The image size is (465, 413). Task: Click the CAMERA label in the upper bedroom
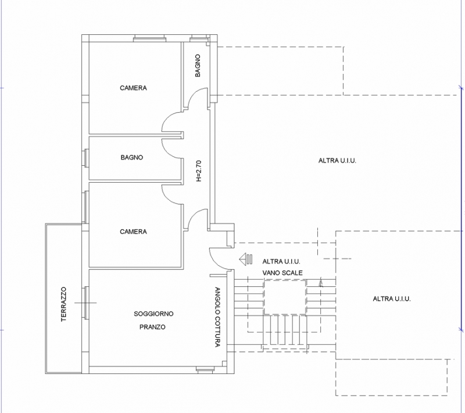(133, 88)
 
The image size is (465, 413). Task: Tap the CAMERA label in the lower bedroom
(133, 232)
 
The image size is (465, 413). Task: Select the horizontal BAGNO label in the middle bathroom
(132, 157)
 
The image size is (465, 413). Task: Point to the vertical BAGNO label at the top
(198, 66)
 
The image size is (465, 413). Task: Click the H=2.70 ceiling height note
(199, 171)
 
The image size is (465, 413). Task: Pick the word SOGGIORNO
(153, 314)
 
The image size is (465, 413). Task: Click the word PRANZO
(152, 327)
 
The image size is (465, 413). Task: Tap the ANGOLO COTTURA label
(217, 317)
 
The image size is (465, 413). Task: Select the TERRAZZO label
(63, 304)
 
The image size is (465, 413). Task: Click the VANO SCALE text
(282, 273)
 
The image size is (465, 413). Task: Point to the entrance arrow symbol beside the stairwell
(246, 259)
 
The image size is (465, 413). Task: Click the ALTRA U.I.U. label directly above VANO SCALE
(281, 262)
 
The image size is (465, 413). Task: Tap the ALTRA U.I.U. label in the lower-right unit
(392, 299)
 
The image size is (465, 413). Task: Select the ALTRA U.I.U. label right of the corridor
(337, 161)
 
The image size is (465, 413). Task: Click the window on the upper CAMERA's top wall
(149, 38)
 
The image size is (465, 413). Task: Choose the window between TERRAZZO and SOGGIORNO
(85, 303)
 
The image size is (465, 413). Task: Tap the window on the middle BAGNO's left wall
(85, 158)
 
